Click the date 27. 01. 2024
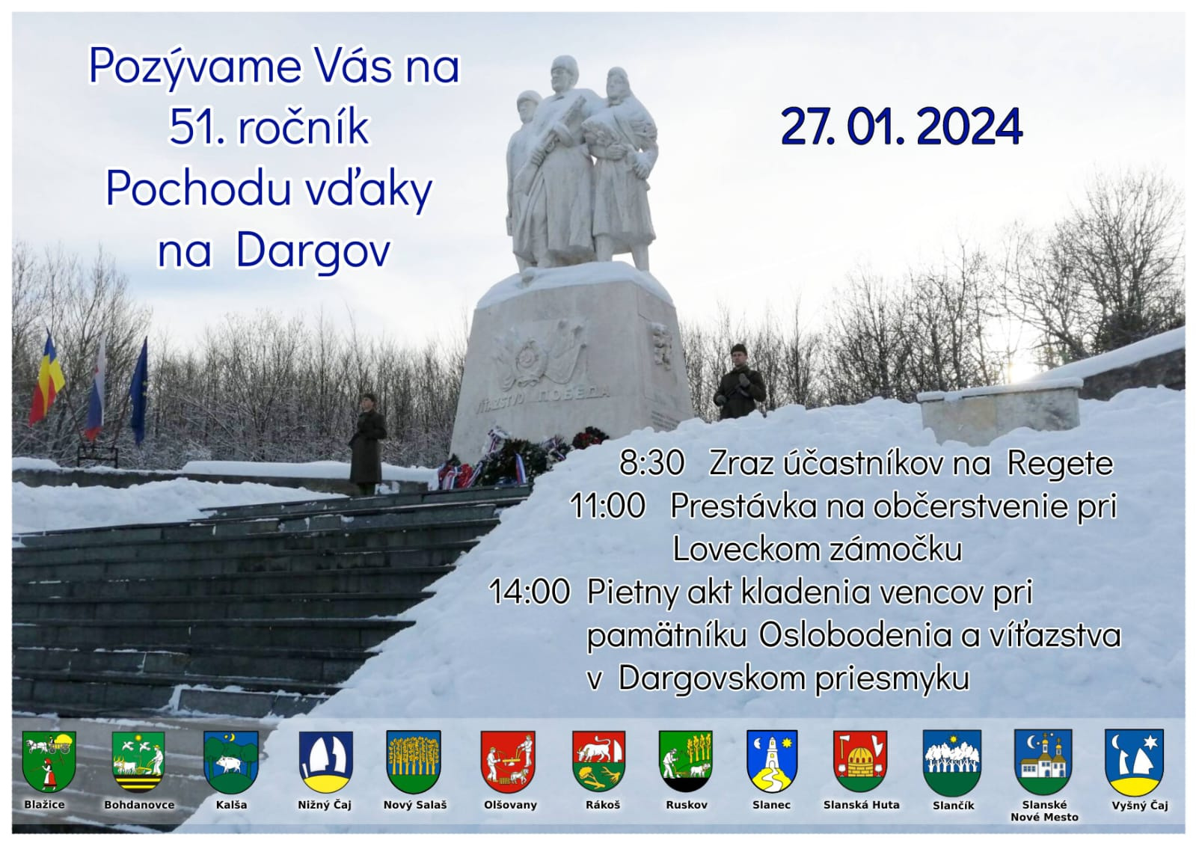[901, 128]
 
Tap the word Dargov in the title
[313, 252]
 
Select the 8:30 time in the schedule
[651, 463]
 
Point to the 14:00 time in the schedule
[529, 592]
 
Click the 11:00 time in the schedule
[607, 506]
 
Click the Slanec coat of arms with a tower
[772, 761]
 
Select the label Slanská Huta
[861, 805]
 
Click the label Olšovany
[510, 805]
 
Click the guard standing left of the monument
[367, 444]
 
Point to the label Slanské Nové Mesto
[1044, 811]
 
